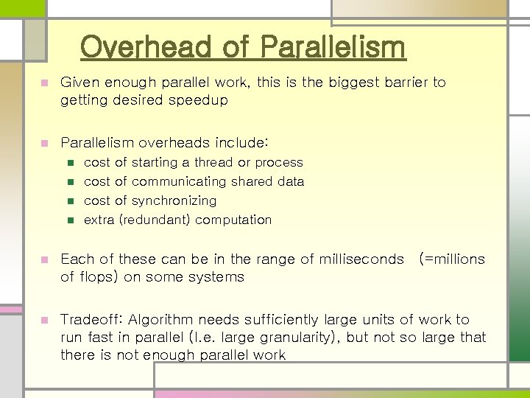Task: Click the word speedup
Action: (x=197, y=100)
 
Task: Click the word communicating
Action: (x=179, y=181)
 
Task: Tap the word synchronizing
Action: (x=174, y=200)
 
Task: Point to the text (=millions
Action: (x=452, y=259)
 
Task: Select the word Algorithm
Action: (x=163, y=319)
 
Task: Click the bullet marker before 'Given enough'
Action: (x=44, y=83)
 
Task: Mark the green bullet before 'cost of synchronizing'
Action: (x=71, y=200)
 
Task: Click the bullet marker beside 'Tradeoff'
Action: (x=44, y=320)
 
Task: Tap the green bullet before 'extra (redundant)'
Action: (x=71, y=220)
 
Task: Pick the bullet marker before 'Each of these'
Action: (x=44, y=259)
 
